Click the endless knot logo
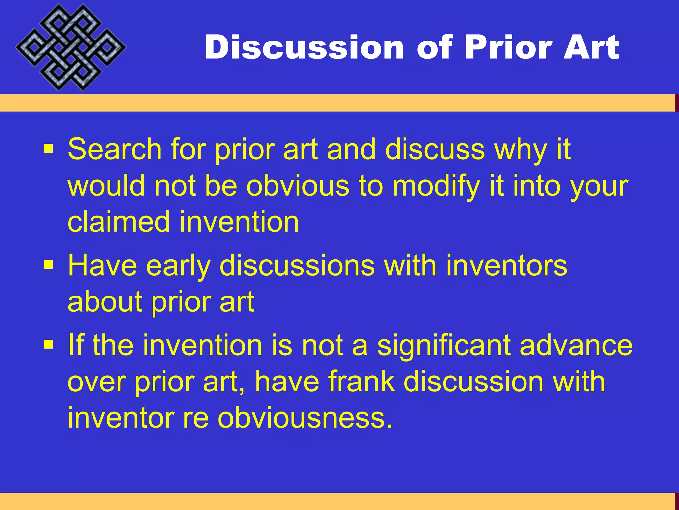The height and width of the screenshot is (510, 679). pos(70,47)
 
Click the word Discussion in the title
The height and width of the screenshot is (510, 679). pos(304,47)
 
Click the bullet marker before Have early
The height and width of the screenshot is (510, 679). pos(48,265)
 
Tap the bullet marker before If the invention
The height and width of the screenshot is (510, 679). pos(48,345)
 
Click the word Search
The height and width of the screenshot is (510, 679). pos(114,149)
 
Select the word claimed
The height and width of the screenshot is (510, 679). pos(119,222)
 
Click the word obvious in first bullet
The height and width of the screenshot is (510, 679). pos(297,186)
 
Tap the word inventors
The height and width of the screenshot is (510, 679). pos(506,266)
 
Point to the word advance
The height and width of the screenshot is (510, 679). pos(576,345)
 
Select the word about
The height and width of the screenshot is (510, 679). pos(105,302)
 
